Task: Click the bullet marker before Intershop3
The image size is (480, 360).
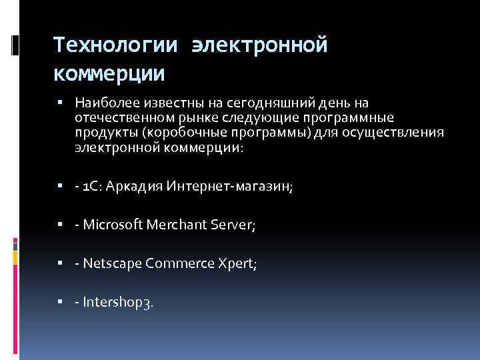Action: (x=60, y=302)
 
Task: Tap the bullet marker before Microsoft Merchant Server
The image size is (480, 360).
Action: (x=60, y=226)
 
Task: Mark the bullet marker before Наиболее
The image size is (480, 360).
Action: (x=60, y=103)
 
